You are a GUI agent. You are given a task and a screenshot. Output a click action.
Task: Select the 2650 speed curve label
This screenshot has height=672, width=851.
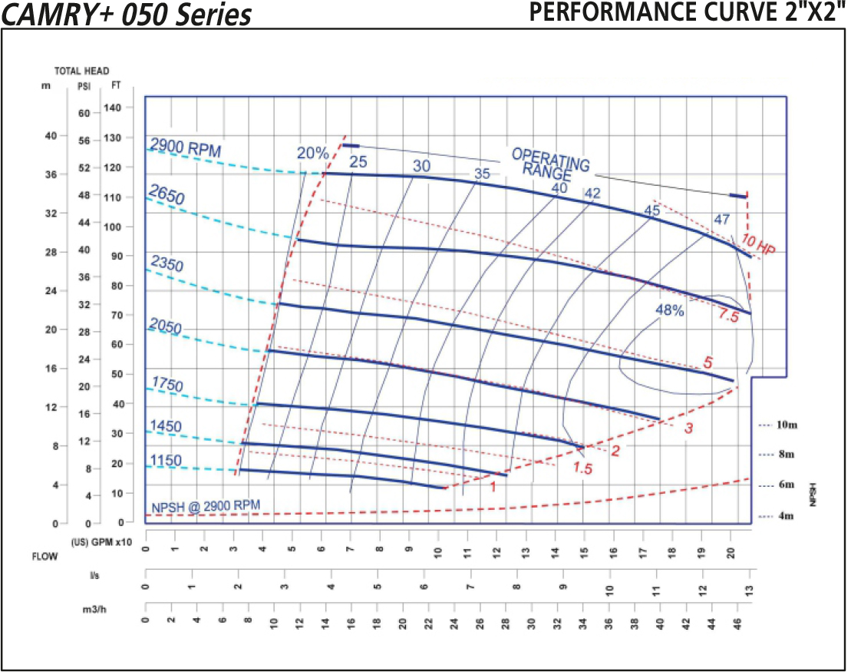[167, 196]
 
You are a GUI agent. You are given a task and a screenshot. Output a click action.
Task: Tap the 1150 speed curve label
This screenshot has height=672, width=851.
[165, 461]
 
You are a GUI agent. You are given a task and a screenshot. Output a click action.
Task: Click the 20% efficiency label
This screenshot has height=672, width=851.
[313, 153]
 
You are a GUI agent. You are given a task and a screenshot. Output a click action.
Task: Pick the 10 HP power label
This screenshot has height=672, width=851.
[759, 245]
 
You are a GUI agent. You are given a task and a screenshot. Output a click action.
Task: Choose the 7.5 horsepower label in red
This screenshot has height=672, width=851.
[728, 315]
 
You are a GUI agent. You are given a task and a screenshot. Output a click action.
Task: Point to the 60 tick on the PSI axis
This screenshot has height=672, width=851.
[84, 113]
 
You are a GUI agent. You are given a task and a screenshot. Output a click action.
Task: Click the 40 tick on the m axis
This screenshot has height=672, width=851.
[51, 136]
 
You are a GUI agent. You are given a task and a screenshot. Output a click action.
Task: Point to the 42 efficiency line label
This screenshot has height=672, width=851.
[592, 194]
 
